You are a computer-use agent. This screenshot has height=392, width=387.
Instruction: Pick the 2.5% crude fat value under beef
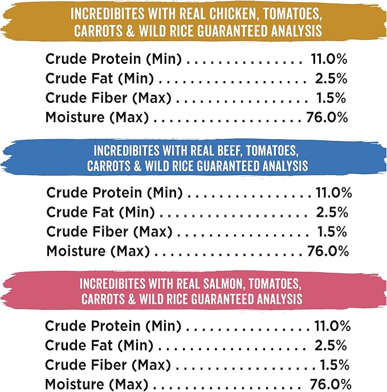(332, 212)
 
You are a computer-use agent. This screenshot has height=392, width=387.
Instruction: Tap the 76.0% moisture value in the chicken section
(324, 118)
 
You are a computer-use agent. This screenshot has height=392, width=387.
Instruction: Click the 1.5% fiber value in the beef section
(332, 232)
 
